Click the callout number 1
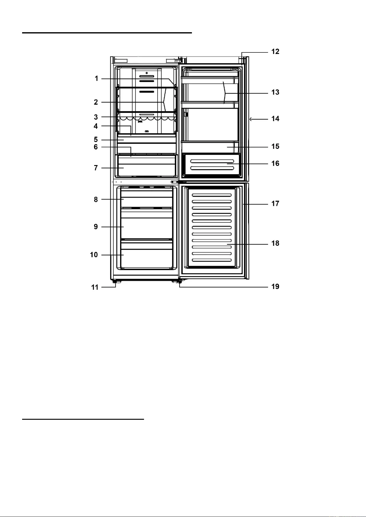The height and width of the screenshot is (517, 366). pyautogui.click(x=96, y=79)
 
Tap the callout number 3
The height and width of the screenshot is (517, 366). pyautogui.click(x=96, y=117)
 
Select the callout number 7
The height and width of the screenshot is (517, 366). pyautogui.click(x=96, y=168)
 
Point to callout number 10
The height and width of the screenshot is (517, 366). pyautogui.click(x=94, y=255)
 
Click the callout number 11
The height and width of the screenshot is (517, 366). pyautogui.click(x=95, y=287)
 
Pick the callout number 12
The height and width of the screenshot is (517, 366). pyautogui.click(x=275, y=52)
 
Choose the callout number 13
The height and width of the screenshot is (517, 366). pyautogui.click(x=275, y=92)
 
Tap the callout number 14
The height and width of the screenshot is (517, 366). pyautogui.click(x=275, y=119)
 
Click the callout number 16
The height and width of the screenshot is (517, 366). pyautogui.click(x=275, y=164)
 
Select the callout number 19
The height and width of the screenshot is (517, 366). pyautogui.click(x=275, y=287)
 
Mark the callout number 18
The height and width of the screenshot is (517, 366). pyautogui.click(x=275, y=243)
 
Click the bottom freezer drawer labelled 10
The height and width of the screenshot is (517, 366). pyautogui.click(x=146, y=258)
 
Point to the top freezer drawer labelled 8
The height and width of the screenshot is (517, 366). pyautogui.click(x=146, y=199)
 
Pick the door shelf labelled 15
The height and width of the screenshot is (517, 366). pyautogui.click(x=210, y=147)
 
